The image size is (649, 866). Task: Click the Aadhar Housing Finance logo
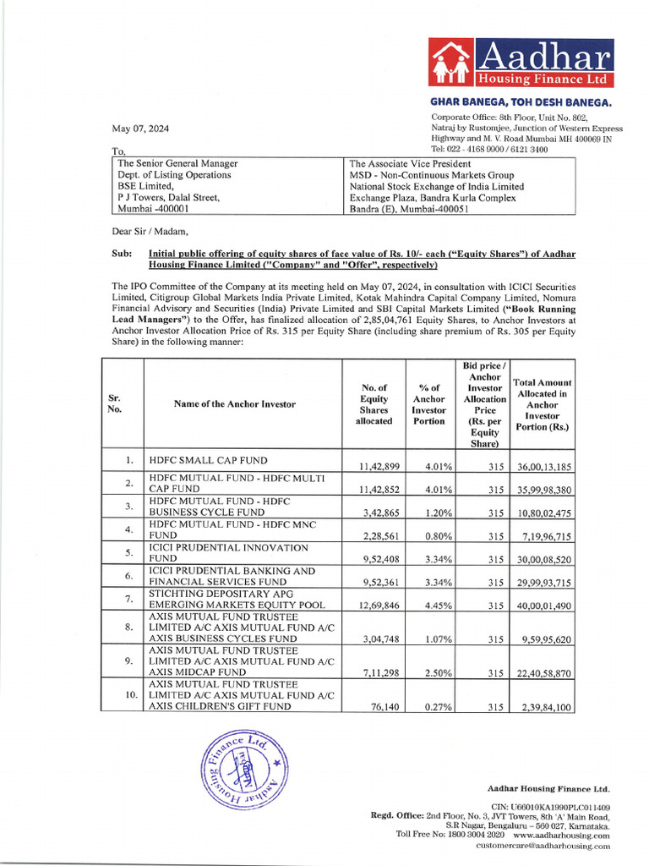point(521,63)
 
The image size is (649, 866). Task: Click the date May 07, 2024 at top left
point(141,129)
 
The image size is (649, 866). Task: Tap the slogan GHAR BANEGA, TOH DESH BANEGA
point(521,102)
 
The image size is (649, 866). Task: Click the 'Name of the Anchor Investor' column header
point(235,404)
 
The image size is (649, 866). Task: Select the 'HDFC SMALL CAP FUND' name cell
point(208,461)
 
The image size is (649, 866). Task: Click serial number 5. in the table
point(129,553)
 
